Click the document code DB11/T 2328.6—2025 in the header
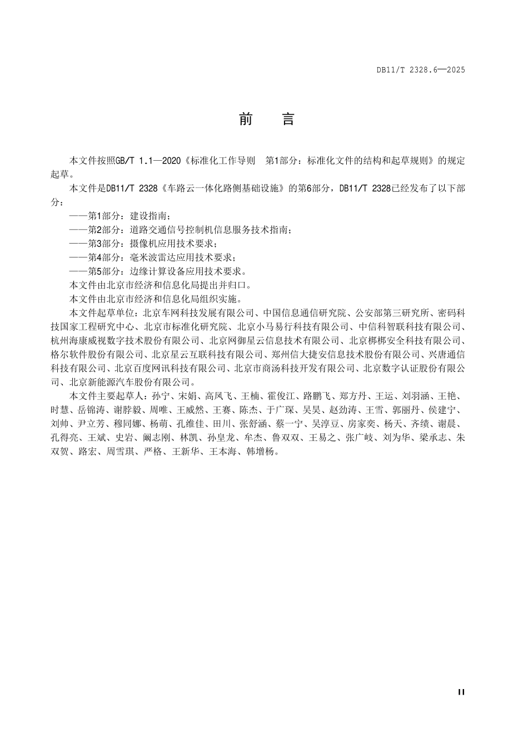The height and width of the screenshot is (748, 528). tap(420, 70)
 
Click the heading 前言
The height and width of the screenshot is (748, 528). tap(266, 119)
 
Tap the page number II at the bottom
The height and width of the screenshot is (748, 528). tap(461, 692)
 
